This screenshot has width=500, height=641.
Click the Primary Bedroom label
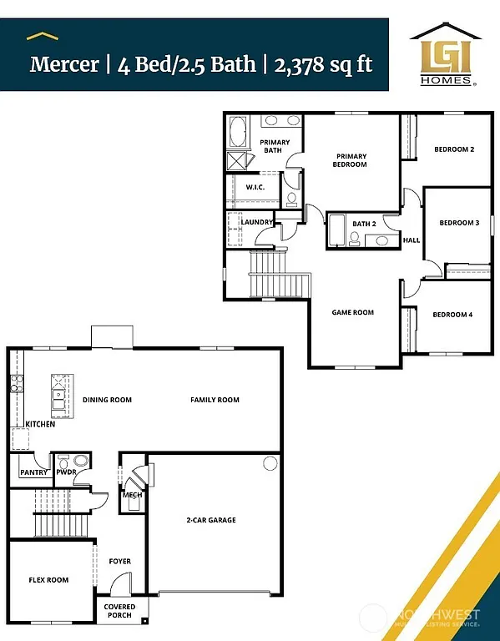[351, 160]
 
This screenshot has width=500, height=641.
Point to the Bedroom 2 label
[454, 150]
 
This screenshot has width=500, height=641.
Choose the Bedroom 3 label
[459, 223]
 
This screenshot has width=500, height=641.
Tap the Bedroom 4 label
[452, 315]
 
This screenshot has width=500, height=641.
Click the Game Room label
[353, 312]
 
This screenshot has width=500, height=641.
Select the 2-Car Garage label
[210, 520]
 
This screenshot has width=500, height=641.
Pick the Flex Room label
[48, 580]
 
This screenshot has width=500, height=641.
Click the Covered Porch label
[119, 612]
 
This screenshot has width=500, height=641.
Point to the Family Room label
[215, 400]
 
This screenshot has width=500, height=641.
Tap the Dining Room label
[107, 400]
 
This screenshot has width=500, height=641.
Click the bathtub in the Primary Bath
[239, 132]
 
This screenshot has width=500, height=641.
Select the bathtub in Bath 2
[337, 231]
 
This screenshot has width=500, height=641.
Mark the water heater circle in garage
[270, 464]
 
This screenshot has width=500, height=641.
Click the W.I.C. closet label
[255, 187]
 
